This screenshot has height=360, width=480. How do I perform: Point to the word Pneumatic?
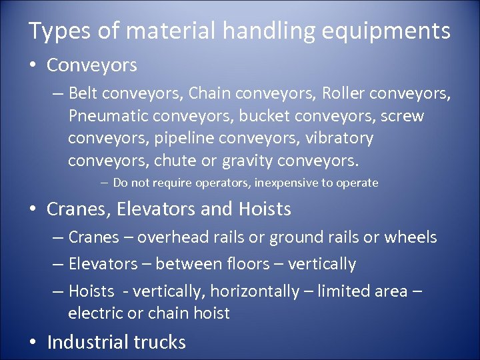pyautogui.click(x=108, y=116)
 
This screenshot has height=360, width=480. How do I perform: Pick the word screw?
pyautogui.click(x=402, y=116)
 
